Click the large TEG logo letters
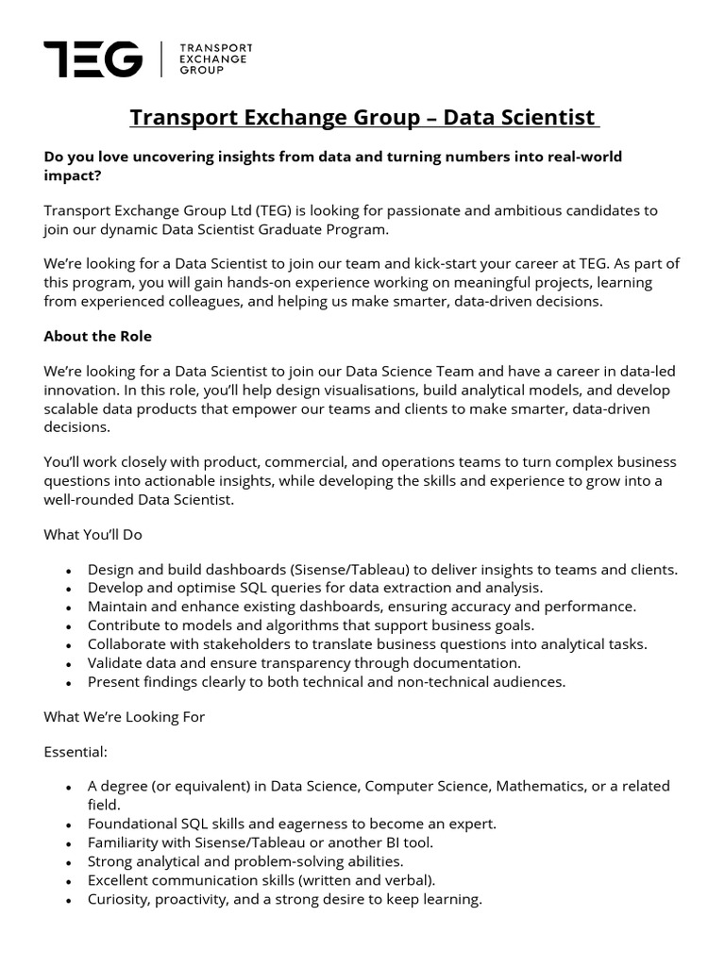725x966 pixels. [93, 58]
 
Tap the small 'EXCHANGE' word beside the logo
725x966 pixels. [214, 58]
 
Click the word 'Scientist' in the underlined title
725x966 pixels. [548, 118]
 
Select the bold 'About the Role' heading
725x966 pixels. [98, 336]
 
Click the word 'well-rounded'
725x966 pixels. [86, 499]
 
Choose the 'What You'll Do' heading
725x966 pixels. [93, 534]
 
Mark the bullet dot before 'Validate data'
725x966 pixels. [69, 664]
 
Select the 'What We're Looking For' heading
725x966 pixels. [124, 717]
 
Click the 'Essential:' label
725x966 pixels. [76, 753]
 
